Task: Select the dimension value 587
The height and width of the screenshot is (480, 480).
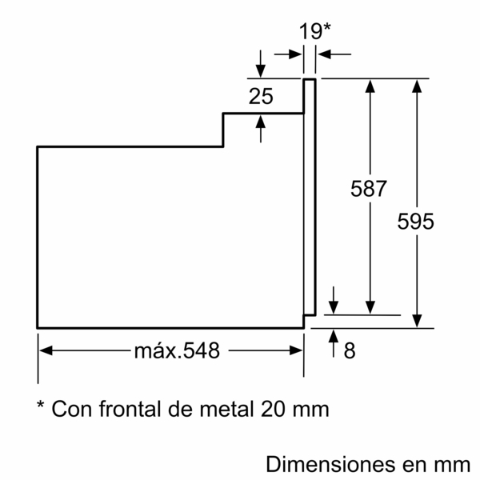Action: pyautogui.click(x=369, y=190)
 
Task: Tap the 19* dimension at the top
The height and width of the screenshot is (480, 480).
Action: pyautogui.click(x=314, y=31)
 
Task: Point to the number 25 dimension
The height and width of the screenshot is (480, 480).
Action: pyautogui.click(x=261, y=97)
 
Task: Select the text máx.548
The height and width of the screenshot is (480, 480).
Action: pyautogui.click(x=177, y=350)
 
